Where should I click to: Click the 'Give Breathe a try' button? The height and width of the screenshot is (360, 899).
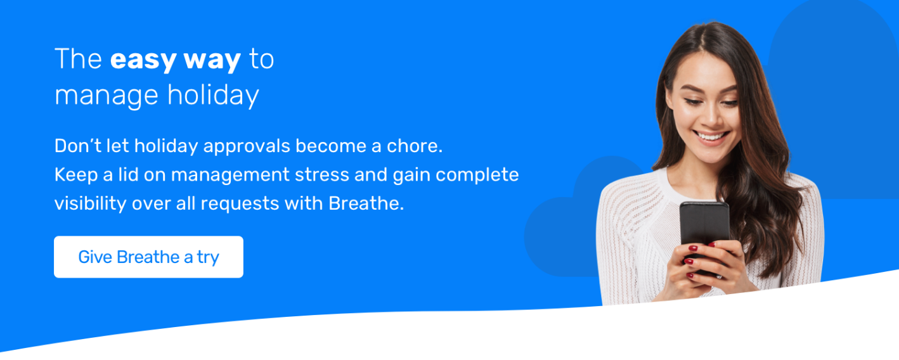tap(148, 257)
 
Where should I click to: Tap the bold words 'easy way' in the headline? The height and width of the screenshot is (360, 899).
tap(176, 60)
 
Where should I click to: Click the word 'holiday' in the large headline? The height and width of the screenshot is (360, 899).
tap(213, 96)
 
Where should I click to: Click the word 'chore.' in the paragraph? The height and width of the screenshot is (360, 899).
tap(415, 146)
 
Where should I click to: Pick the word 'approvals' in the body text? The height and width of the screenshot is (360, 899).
tap(247, 147)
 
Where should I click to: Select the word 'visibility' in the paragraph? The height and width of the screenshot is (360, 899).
tap(90, 204)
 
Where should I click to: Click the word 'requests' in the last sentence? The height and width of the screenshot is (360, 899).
tap(240, 204)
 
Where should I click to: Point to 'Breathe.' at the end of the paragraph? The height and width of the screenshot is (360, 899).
tap(366, 203)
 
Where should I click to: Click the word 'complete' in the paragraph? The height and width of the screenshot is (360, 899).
tap(477, 176)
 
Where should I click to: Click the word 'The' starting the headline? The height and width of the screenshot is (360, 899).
tap(78, 60)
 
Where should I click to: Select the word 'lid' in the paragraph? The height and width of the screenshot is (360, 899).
tap(128, 174)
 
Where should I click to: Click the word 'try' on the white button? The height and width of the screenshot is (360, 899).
tap(208, 258)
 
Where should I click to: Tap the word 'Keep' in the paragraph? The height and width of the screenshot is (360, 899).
tap(76, 176)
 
